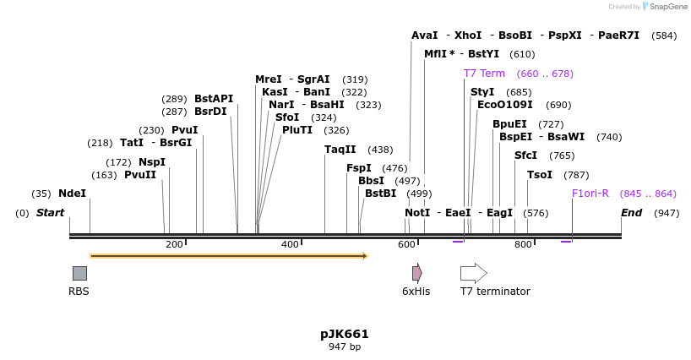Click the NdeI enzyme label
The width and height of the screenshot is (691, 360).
click(x=72, y=194)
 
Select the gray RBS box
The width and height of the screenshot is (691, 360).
click(x=79, y=273)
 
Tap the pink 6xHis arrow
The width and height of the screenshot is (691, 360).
click(x=416, y=273)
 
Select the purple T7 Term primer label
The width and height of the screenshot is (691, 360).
click(x=484, y=74)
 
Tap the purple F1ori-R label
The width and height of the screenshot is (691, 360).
click(x=590, y=194)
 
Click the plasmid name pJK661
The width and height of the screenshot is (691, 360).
click(x=345, y=334)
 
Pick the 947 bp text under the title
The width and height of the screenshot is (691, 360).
click(x=345, y=347)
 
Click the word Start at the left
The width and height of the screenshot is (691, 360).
click(x=50, y=213)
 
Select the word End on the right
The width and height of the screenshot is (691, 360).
click(x=632, y=213)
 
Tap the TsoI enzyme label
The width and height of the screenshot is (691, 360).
click(x=540, y=175)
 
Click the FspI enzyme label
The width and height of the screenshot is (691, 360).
click(x=359, y=168)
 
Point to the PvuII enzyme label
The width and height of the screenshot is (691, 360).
click(x=140, y=175)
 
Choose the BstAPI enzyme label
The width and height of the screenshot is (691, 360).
click(x=214, y=99)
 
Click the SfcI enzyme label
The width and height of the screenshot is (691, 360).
click(x=525, y=155)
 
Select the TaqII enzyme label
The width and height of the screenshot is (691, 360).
click(x=340, y=150)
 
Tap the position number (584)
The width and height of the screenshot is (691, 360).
click(x=664, y=35)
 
